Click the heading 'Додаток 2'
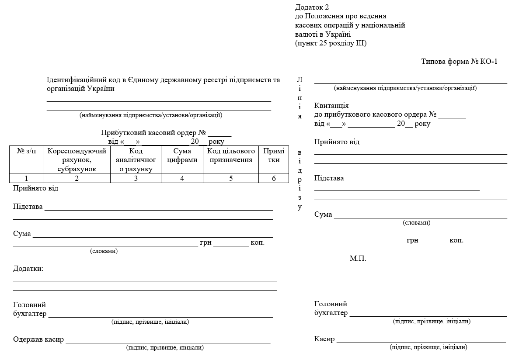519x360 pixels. coord(311,7)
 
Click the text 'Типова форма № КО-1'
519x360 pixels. coord(459,62)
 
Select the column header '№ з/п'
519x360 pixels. coord(27,151)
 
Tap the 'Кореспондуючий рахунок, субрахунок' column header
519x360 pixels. coord(77,160)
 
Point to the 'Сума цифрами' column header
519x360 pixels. coord(182,156)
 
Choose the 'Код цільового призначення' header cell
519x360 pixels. coord(231,156)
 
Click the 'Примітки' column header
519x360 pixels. coord(274,156)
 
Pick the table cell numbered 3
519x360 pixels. coord(136,178)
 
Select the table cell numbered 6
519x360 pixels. coord(274,178)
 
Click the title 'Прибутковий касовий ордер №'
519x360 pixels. coord(153,133)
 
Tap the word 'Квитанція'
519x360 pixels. coord(331,106)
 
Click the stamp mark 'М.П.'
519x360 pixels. coord(358,259)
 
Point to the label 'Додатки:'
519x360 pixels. coord(28,268)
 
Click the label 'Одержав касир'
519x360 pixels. coord(38,339)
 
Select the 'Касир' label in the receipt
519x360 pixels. coord(324,339)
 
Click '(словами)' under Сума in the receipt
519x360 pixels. coord(416,223)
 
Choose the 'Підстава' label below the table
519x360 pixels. coord(28,206)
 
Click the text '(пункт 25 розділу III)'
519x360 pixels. coord(331,43)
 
